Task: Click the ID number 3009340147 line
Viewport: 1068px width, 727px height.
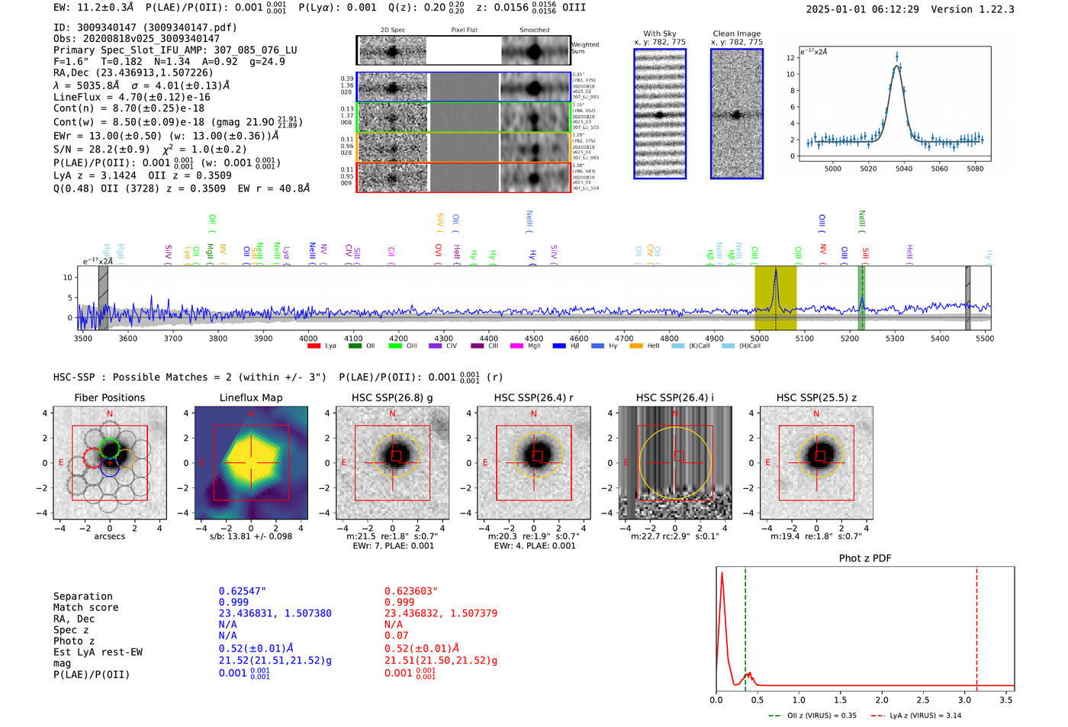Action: (x=145, y=27)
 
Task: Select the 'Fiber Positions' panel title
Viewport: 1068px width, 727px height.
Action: (x=109, y=397)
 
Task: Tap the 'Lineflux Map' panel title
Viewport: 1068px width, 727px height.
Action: (x=251, y=397)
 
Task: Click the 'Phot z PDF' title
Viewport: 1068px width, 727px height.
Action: (x=865, y=558)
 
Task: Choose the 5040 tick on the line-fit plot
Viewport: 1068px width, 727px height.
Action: (x=904, y=169)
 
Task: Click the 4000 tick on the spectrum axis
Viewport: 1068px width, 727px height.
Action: (x=308, y=338)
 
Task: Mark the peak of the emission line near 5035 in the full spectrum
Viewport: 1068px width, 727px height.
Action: (x=776, y=270)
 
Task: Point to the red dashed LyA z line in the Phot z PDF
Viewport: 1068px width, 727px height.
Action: (x=976, y=626)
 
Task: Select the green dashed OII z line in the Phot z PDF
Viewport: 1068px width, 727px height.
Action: (x=745, y=626)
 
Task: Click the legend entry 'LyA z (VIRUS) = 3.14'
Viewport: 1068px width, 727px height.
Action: (x=925, y=716)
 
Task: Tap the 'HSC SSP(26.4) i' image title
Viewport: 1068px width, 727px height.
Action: (x=674, y=397)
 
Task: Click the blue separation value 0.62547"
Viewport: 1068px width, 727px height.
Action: (x=243, y=591)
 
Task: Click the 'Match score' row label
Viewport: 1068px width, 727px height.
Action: (x=85, y=608)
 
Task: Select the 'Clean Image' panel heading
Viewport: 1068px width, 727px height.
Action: (x=736, y=34)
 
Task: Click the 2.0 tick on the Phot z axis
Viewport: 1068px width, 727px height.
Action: (x=882, y=700)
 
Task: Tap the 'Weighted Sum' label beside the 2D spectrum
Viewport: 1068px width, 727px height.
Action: (x=584, y=48)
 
